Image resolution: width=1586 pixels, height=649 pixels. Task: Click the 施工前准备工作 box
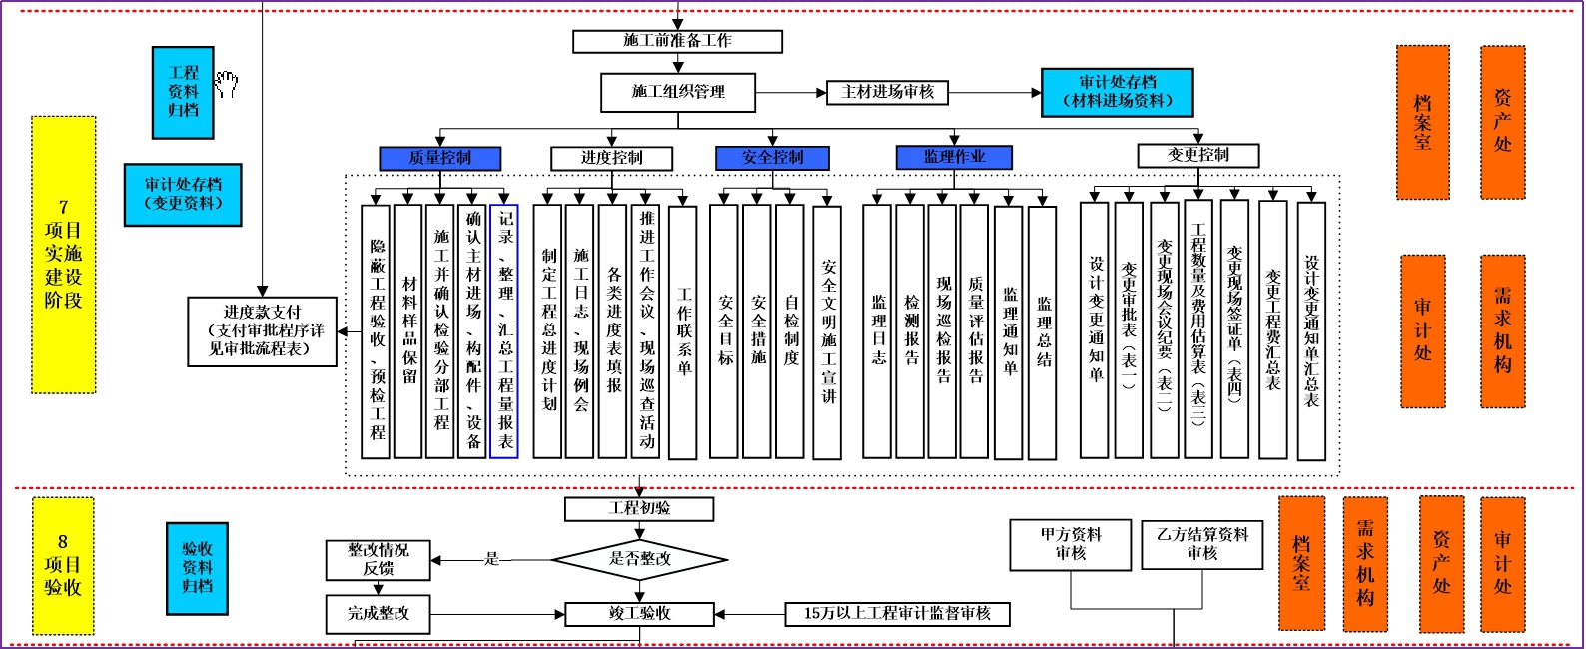point(677,41)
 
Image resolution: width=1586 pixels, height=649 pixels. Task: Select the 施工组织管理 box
point(677,92)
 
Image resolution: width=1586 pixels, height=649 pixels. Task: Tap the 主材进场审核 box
point(887,92)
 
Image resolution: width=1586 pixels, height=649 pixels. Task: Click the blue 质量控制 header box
point(439,158)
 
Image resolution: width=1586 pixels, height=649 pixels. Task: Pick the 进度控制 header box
point(611,158)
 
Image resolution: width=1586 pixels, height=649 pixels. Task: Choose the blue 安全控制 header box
point(772,158)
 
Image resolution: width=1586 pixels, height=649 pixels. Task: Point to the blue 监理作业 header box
point(954,157)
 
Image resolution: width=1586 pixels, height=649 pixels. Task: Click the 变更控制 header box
point(1197,155)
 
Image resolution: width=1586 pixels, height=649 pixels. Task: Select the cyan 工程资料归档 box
point(183,92)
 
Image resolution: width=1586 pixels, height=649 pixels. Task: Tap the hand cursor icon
point(227,84)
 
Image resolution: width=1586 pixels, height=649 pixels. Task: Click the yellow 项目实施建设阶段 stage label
point(64,254)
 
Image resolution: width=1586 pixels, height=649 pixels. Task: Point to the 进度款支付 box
point(262,330)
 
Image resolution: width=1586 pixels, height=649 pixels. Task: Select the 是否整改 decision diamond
point(640,559)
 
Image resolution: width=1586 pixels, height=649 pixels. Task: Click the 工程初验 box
point(639,509)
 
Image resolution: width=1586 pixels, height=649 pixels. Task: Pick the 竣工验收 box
point(639,614)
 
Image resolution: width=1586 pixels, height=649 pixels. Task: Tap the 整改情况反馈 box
point(378,559)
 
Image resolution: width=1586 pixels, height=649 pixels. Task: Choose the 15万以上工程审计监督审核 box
point(897,614)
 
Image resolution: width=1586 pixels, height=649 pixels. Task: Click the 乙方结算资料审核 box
point(1201,544)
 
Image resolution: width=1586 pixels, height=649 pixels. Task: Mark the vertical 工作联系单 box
point(683,331)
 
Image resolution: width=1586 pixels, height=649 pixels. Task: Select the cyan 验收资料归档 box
point(197,568)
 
